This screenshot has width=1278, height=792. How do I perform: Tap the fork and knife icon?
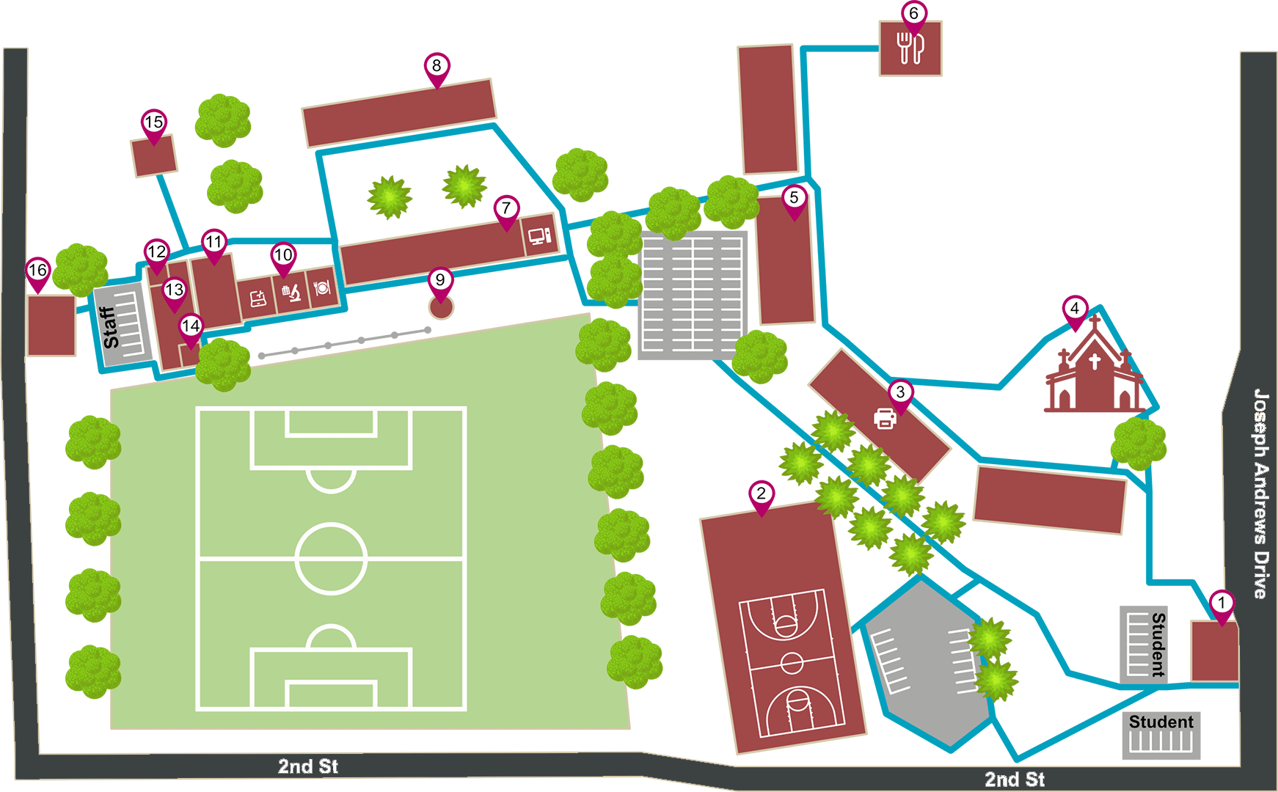[x=910, y=48]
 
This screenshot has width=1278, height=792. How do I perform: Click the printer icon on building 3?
[x=886, y=419]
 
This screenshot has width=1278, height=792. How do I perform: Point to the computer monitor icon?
[x=539, y=236]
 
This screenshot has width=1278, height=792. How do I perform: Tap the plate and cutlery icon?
[x=322, y=287]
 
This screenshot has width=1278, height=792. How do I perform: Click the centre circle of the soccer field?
[x=331, y=558]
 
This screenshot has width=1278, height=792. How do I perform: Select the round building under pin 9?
[x=441, y=308]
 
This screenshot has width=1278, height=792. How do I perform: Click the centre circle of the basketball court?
[x=792, y=663]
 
